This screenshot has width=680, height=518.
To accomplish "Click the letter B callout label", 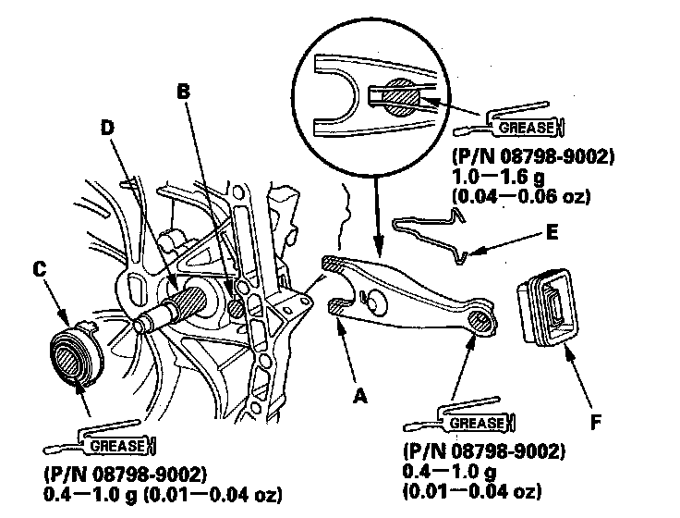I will pyautogui.click(x=183, y=92).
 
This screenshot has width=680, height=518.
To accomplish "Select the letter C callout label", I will pyautogui.click(x=38, y=269).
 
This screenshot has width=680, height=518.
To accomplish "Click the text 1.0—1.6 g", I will pyautogui.click(x=499, y=177).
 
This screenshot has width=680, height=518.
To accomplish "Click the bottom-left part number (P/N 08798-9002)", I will pyautogui.click(x=124, y=473).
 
